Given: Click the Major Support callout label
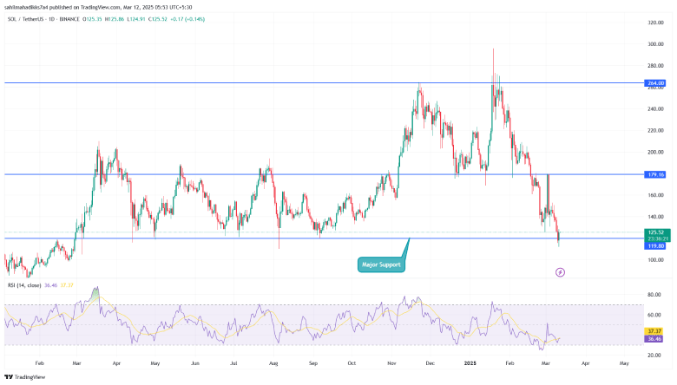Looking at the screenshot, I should point(381,264).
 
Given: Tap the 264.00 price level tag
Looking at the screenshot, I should point(655,83).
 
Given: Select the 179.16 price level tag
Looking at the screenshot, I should point(655,174).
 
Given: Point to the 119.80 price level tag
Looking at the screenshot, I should point(655,246).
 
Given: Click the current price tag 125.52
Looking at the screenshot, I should point(655,232).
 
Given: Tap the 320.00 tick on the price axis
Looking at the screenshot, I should point(655,22).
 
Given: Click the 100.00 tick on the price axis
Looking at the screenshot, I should point(655,260).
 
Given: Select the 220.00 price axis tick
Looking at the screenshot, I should point(655,130).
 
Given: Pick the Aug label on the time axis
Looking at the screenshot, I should point(274,365).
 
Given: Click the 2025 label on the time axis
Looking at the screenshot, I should point(469,365).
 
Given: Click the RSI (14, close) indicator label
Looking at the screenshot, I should point(23,284).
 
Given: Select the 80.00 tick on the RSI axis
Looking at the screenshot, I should point(655,295).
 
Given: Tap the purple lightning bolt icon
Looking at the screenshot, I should point(560,272).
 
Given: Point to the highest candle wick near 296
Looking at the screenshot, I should point(494,50).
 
